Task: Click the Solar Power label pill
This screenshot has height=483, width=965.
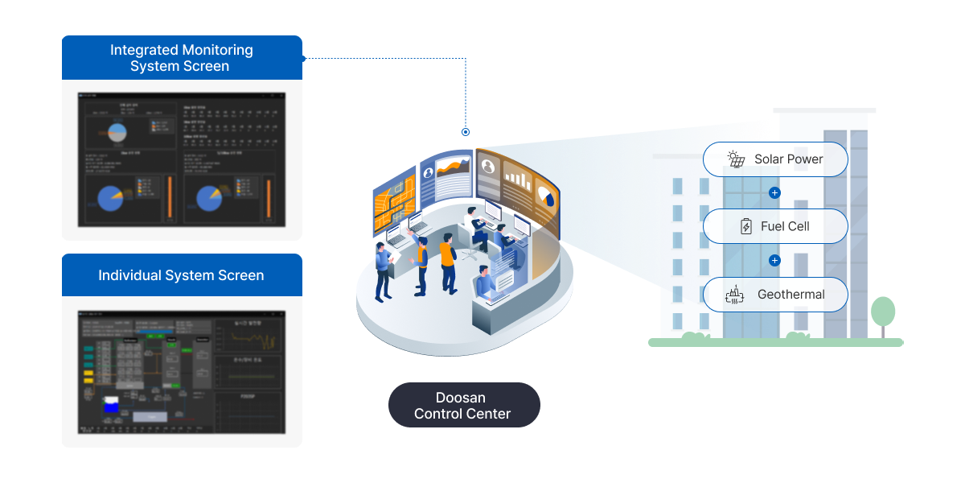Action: [x=775, y=159]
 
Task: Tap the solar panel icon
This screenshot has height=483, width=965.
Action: [x=736, y=159]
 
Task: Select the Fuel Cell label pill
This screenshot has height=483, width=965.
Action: [x=775, y=227]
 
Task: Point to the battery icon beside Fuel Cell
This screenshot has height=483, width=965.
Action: [x=746, y=227]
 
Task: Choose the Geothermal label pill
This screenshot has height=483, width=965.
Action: [x=775, y=295]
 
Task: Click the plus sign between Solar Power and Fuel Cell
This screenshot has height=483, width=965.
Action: [x=775, y=193]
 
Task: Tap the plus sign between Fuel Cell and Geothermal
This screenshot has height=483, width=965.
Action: [x=775, y=261]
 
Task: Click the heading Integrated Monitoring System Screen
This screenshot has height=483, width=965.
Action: [x=181, y=58]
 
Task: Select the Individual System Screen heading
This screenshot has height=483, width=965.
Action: [x=181, y=275]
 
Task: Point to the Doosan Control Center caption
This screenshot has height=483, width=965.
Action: [x=462, y=406]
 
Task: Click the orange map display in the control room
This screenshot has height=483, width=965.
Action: [x=394, y=201]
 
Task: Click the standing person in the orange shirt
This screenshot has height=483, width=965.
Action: [x=447, y=262]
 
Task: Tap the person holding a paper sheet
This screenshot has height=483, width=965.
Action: [x=384, y=266]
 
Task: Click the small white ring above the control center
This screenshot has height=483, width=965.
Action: [x=466, y=131]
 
